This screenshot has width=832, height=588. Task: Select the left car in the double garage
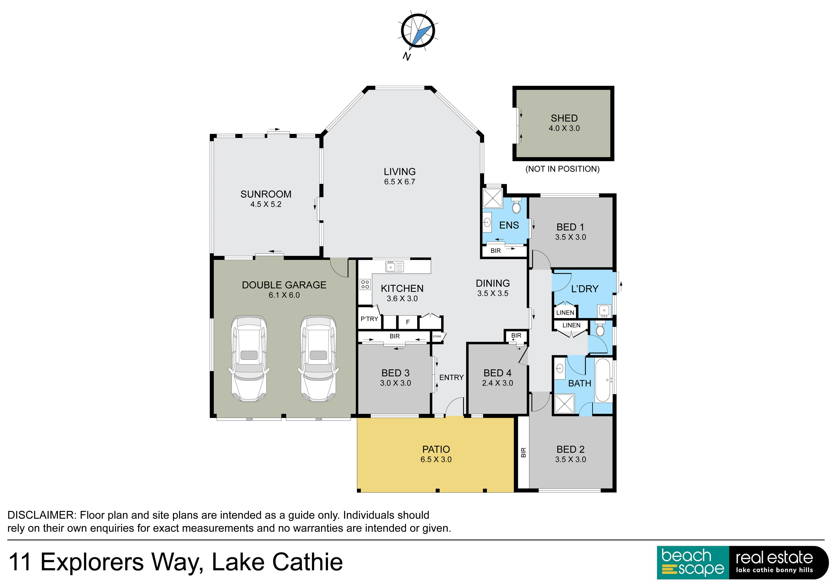pyautogui.click(x=249, y=359)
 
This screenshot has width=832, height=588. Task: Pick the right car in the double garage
pyautogui.click(x=318, y=359)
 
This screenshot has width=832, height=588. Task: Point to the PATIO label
pyautogui.click(x=436, y=449)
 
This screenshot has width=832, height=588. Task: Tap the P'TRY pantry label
pyautogui.click(x=369, y=319)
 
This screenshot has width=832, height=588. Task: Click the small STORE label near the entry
pyautogui.click(x=437, y=337)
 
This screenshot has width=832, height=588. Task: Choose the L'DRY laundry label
pyautogui.click(x=584, y=289)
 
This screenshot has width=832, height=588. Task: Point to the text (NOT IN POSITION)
pyautogui.click(x=562, y=169)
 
